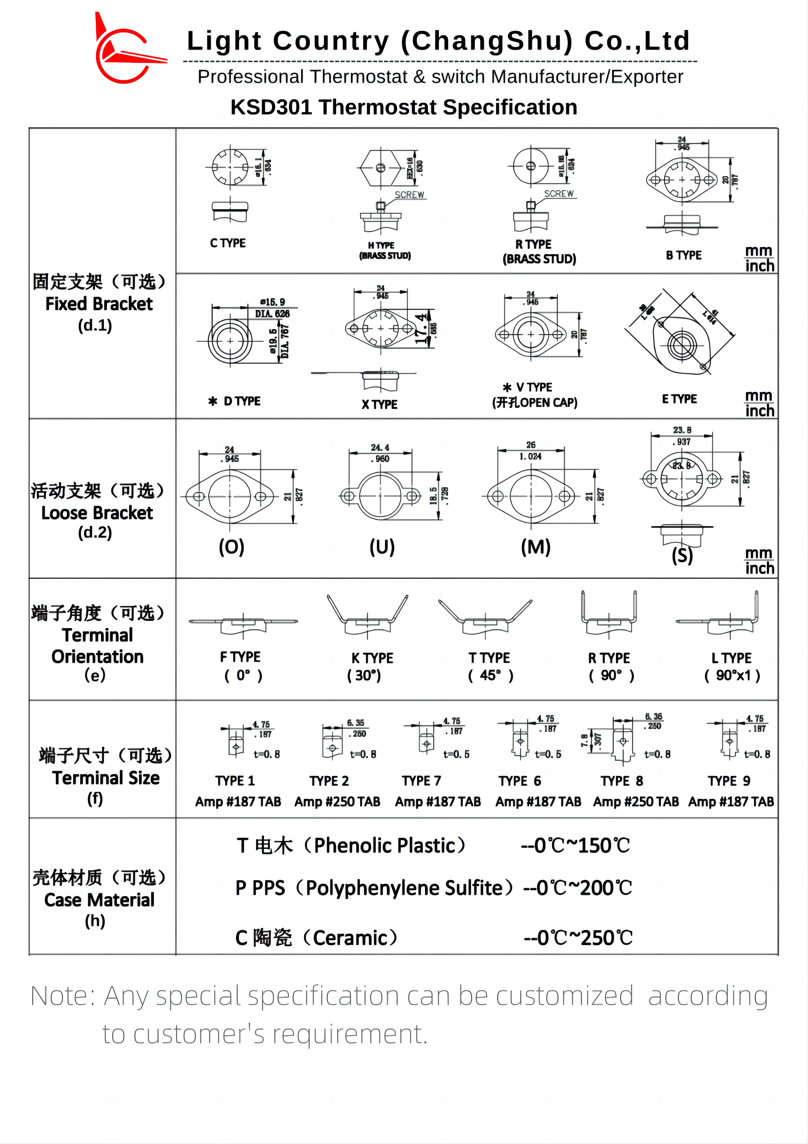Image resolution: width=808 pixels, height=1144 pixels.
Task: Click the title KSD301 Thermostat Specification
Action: click(x=404, y=107)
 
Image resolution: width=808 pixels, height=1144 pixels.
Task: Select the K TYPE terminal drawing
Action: click(x=367, y=615)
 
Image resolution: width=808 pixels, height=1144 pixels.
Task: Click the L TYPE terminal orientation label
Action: click(x=731, y=658)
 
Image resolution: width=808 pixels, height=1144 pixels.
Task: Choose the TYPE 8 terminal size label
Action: click(x=622, y=781)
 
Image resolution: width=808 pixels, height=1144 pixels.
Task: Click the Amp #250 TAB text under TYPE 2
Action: click(x=337, y=802)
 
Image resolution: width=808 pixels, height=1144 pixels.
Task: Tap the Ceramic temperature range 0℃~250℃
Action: click(x=578, y=938)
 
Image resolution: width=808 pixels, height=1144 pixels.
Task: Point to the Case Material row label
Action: click(x=99, y=900)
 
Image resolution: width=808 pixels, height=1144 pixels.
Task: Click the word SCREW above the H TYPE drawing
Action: click(x=409, y=195)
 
